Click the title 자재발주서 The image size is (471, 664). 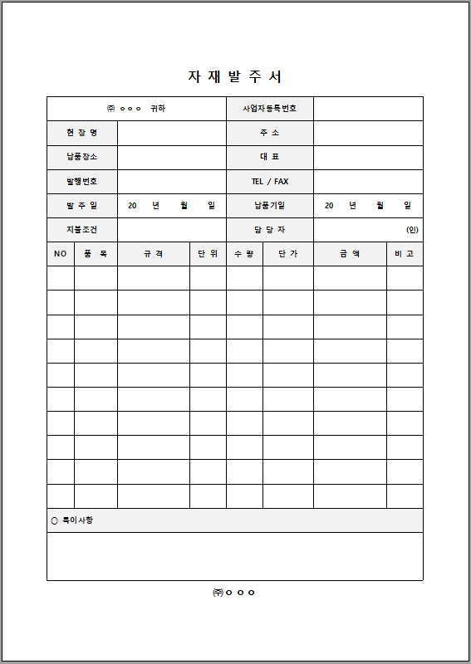[235, 77]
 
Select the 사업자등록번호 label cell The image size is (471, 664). [269, 109]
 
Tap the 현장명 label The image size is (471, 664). [81, 133]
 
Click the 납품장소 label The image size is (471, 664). [81, 157]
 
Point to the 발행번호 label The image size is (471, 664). [81, 181]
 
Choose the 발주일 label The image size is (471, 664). [81, 205]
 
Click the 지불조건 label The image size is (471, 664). [81, 229]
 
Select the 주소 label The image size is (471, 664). [269, 133]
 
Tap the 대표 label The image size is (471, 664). [269, 157]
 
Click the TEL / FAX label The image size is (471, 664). [269, 181]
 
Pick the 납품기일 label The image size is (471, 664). [269, 205]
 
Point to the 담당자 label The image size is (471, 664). [269, 229]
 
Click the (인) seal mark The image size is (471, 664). [412, 229]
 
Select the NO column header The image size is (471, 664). [60, 254]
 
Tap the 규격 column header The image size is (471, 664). [153, 254]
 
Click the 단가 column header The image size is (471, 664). [287, 254]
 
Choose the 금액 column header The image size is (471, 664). [349, 254]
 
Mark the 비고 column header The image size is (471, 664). [404, 254]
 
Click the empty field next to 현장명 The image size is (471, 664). [171, 133]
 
